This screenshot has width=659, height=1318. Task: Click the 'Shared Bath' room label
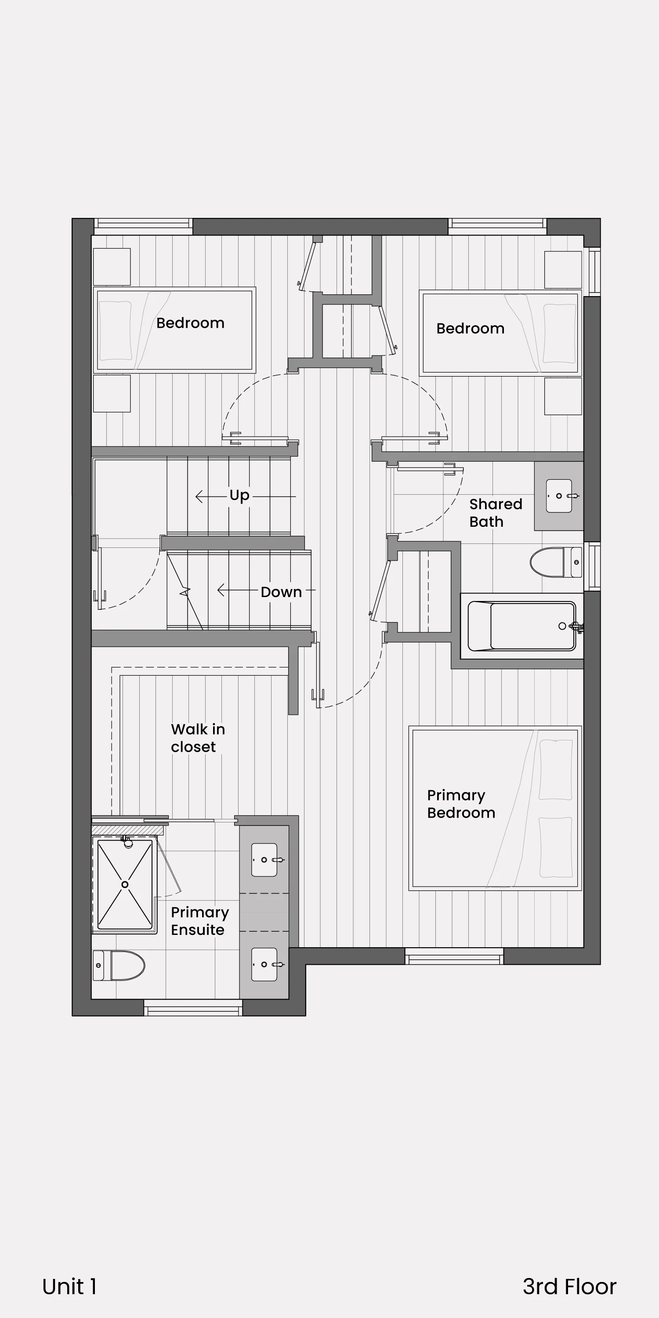[496, 513]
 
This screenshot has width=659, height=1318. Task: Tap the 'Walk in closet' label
[198, 738]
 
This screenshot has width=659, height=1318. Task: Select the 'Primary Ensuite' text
[199, 921]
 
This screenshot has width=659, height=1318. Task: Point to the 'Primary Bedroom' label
[461, 804]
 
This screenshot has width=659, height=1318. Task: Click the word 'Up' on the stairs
[239, 495]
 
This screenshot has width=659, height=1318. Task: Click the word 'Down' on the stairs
[281, 592]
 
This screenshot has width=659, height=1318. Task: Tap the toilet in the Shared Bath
[556, 562]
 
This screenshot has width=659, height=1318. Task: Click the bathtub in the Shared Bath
[522, 626]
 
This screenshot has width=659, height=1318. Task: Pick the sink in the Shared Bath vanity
[559, 496]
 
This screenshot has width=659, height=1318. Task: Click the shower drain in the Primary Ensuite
[125, 884]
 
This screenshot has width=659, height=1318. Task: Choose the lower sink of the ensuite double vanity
[264, 964]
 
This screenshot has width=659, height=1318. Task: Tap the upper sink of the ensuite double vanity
[264, 860]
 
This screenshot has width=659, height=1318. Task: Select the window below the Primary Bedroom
[454, 956]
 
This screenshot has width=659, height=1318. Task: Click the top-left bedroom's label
[190, 323]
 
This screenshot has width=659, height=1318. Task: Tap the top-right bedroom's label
[470, 329]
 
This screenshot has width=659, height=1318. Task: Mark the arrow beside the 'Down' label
[237, 590]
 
